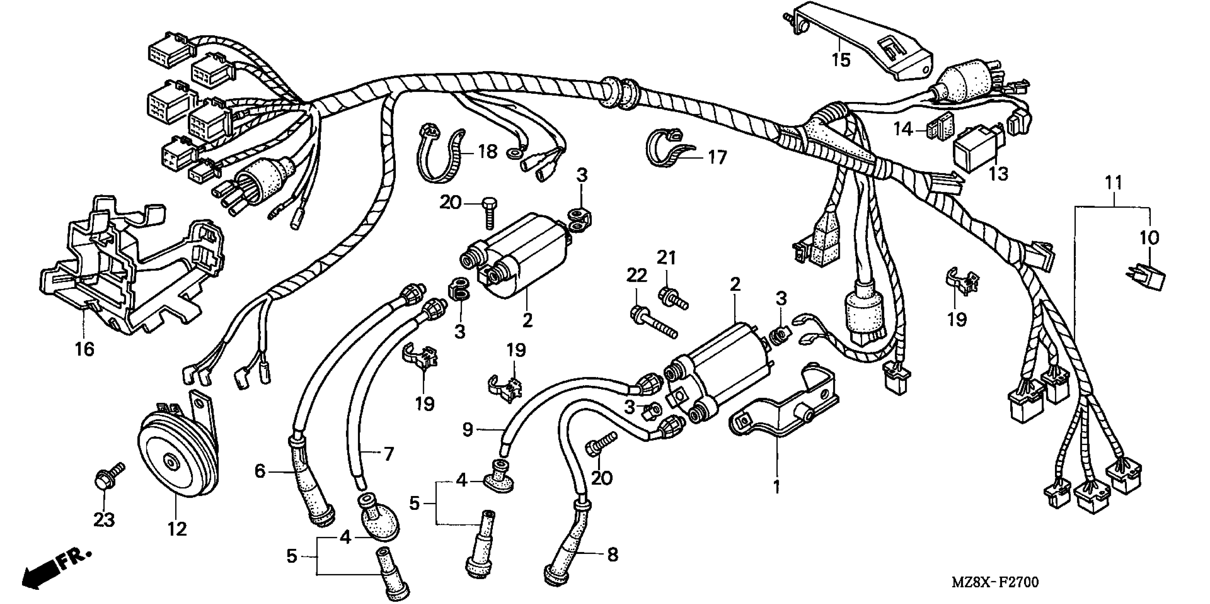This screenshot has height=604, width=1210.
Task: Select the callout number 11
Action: click(x=1113, y=183)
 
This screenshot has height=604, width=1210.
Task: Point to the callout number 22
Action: click(x=636, y=275)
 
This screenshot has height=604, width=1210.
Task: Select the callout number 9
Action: click(x=467, y=430)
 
